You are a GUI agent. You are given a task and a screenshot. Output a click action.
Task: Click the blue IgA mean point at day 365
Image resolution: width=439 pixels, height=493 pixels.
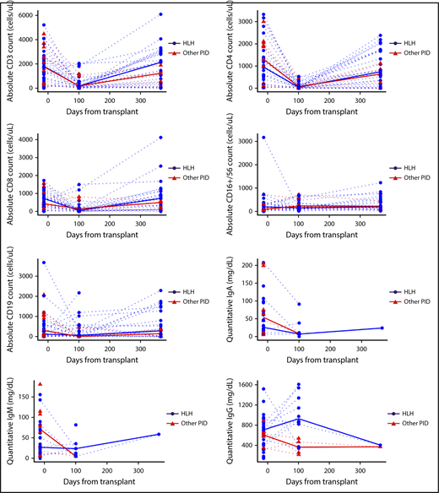tap(380, 328)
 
